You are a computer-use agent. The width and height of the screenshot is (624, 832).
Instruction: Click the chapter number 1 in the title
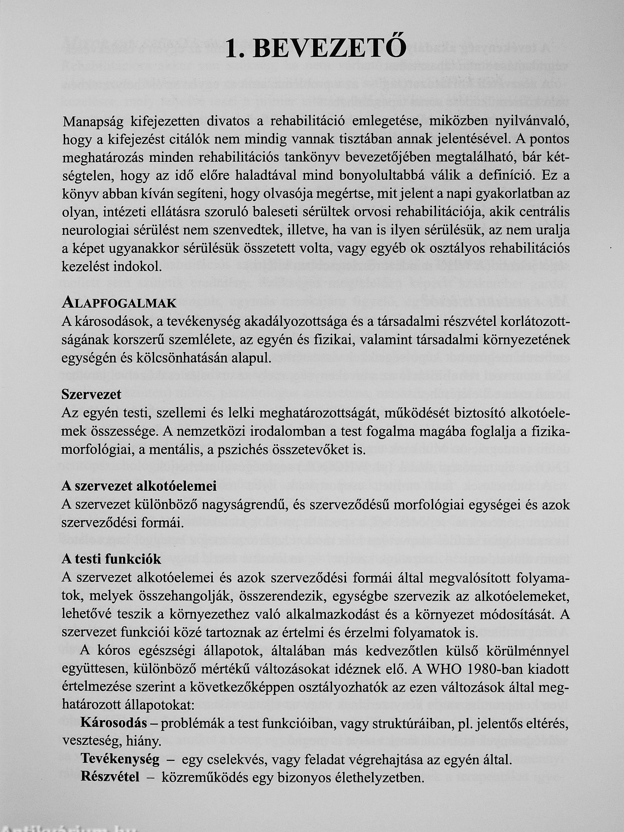coord(232,50)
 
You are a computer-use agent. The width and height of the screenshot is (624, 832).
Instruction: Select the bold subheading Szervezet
coord(91,394)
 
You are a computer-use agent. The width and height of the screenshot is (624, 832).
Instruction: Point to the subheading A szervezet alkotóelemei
coord(139,486)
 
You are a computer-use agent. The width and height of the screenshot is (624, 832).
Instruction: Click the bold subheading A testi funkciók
coord(111,559)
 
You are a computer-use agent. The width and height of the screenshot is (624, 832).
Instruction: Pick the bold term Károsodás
coord(113,723)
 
